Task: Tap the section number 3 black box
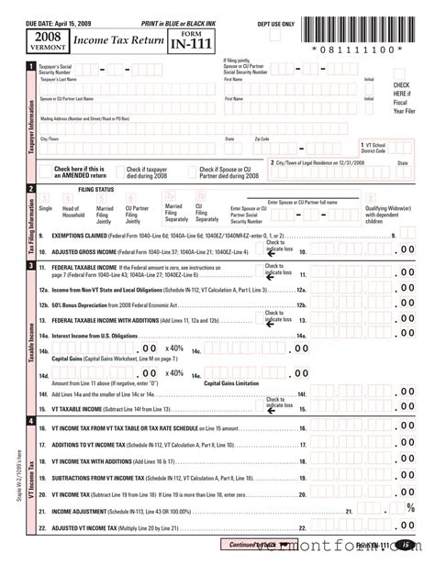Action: (x=31, y=266)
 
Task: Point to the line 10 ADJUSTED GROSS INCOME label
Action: (x=92, y=250)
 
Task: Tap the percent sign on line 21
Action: (x=410, y=508)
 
